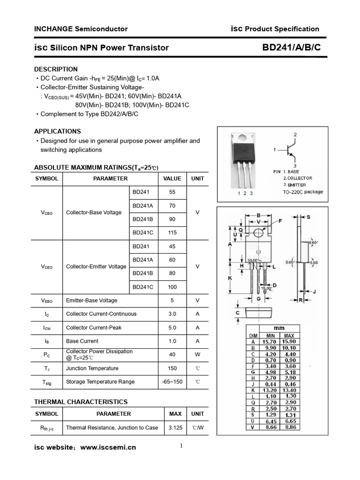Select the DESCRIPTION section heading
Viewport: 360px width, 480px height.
coord(56,69)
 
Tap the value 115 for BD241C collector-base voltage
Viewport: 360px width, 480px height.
coord(172,232)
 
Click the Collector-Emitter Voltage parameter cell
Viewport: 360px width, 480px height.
coord(96,267)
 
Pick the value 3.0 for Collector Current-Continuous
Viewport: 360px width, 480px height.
coord(172,314)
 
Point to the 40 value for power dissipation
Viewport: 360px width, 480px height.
coord(172,355)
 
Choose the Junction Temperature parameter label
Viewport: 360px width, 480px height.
coord(92,368)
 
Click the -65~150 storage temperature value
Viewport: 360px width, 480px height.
coord(172,382)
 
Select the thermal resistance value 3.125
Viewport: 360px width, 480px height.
coord(175,427)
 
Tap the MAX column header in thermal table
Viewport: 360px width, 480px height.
coord(175,414)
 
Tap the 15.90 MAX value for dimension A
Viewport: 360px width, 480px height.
coord(289,342)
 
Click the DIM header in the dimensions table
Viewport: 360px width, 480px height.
coord(253,336)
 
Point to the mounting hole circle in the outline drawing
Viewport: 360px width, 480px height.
coord(258,233)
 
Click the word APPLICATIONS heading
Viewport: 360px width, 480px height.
coord(58,131)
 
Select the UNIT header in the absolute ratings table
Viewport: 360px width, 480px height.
coord(197,179)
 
